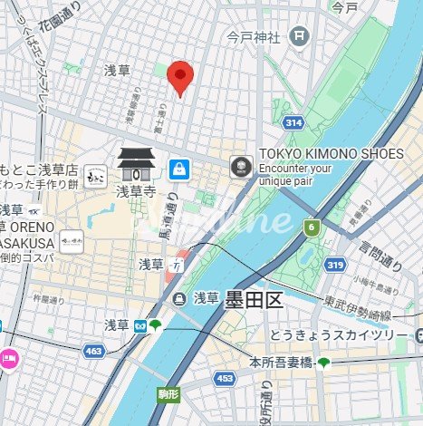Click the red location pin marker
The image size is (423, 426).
coord(181,77)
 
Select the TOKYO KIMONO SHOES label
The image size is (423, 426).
coord(330,154)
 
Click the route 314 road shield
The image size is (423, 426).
coord(292,121)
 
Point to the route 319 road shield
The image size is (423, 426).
coord(334,266)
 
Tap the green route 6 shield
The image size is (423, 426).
coord(312,227)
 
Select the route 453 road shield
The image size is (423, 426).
coord(225,377)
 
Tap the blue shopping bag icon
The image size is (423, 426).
coord(179,168)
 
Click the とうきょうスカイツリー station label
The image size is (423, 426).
coord(341,335)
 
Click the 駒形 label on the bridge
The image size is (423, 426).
coord(168,393)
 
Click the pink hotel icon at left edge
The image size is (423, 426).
coord(7,357)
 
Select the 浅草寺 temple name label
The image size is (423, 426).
coord(136,191)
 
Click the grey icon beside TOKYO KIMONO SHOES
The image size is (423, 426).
coord(239,165)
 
